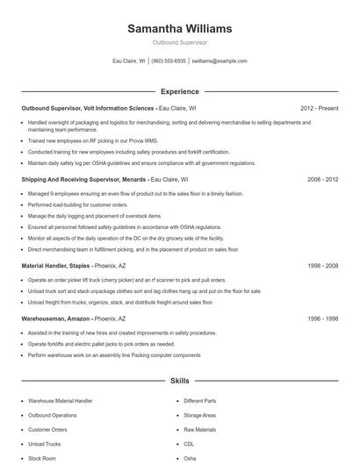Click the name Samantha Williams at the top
179,28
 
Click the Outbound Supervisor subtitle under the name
179,42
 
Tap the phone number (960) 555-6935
169,61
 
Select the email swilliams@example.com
220,61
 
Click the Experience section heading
179,91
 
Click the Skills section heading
179,382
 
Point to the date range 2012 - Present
318,108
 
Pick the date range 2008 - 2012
320,178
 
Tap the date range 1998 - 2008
320,264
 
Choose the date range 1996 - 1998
320,319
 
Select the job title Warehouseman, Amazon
55,319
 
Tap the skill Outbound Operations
53,415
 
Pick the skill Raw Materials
201,429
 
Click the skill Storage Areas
201,415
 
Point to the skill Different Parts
201,401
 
